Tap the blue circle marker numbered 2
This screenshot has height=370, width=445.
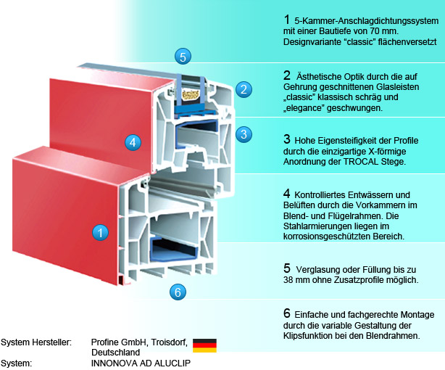[244, 89]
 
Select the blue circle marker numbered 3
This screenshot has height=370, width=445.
[244, 133]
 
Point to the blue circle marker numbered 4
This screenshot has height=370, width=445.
[131, 142]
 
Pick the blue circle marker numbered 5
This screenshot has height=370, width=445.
[183, 56]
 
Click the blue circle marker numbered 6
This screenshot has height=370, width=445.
[178, 292]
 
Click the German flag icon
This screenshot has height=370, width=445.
[204, 345]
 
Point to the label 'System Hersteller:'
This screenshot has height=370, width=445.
[36, 341]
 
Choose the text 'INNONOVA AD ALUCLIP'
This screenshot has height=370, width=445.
[141, 363]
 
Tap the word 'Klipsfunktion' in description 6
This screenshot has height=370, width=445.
[312, 337]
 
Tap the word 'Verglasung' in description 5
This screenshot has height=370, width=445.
[321, 268]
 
